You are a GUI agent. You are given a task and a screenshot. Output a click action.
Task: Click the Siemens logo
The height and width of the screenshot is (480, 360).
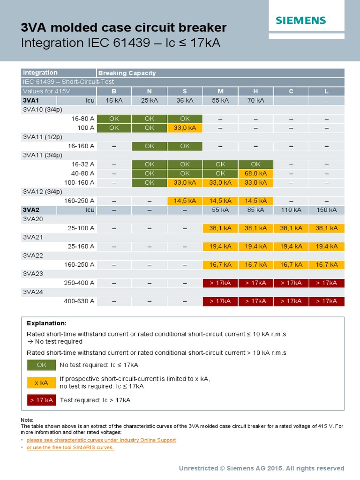coord(300,20)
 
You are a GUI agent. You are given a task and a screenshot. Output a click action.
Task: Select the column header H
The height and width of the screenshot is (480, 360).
coord(255,91)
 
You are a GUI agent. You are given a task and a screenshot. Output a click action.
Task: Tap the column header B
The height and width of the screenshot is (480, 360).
coord(113,91)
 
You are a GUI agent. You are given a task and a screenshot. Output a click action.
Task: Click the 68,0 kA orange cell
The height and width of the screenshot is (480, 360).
coord(255,173)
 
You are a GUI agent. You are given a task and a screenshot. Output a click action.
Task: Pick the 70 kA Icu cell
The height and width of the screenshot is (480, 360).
coord(255,100)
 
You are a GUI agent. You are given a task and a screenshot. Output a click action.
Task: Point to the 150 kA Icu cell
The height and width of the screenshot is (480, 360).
coord(327,210)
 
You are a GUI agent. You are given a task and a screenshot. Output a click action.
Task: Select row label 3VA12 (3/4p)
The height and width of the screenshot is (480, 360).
coord(43,192)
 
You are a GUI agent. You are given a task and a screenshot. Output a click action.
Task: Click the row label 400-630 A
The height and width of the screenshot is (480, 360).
coord(79,301)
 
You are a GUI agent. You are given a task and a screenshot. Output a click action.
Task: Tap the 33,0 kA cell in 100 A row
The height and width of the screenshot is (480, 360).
coord(185,127)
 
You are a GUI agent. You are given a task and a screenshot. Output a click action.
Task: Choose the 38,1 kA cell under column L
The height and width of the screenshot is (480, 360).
coord(327,228)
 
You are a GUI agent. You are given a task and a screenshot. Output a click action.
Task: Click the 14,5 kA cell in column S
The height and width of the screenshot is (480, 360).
coord(185,201)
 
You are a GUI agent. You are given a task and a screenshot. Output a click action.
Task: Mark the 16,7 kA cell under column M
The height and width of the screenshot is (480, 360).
coord(220,265)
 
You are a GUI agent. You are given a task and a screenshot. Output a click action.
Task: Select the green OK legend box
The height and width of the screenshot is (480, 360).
coord(42,365)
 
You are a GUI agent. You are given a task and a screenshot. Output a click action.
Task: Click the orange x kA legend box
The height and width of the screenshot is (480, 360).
coord(42,382)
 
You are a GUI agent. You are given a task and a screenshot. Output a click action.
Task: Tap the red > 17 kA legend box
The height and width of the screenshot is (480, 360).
coord(42,400)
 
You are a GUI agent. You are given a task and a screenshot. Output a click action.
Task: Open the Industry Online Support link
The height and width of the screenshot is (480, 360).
coord(101,440)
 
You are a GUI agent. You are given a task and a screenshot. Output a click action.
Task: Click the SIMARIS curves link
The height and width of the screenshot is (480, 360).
coord(70,448)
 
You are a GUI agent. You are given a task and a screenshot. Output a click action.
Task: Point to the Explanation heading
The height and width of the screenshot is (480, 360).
coord(46,323)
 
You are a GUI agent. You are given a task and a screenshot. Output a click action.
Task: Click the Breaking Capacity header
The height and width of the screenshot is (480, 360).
coord(127,73)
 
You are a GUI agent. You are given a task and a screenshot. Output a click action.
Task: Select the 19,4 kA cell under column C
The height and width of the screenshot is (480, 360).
coord(291,247)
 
